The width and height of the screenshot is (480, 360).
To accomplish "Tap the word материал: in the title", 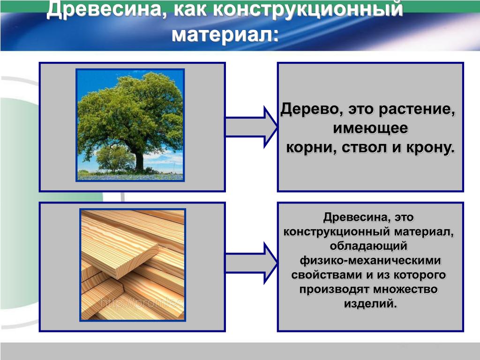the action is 225,34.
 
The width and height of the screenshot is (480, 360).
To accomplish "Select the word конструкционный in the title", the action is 307,9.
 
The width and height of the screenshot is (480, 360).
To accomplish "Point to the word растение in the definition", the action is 416,109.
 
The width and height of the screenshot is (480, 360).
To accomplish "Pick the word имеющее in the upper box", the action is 370,128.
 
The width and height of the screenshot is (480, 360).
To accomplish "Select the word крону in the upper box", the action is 430,148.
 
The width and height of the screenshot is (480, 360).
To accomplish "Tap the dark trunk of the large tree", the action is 139,159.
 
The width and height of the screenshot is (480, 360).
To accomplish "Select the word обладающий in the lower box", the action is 368,246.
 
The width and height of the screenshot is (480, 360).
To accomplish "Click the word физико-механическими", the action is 370,261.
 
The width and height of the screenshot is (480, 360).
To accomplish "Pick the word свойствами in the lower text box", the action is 327,275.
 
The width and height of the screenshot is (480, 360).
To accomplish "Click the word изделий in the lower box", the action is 370,304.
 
